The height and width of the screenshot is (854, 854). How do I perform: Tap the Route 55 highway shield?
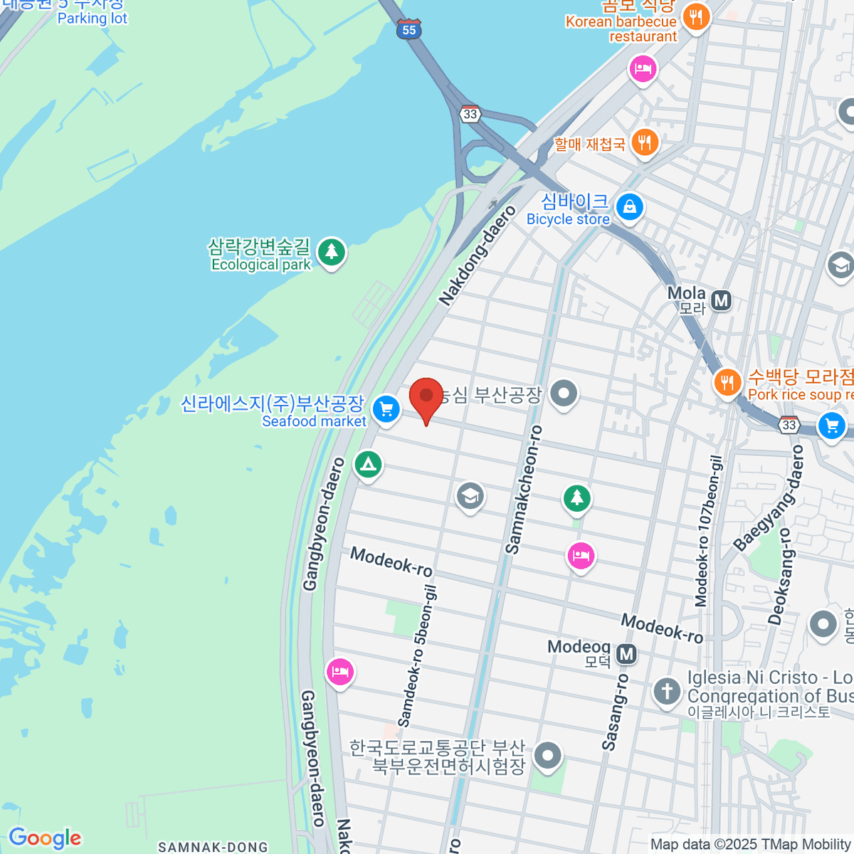(409, 29)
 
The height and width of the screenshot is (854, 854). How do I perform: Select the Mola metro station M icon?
(722, 300)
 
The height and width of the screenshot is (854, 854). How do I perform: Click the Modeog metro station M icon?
(626, 653)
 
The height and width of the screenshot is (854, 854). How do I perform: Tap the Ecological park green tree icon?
(331, 251)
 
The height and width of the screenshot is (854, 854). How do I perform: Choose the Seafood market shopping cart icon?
(386, 409)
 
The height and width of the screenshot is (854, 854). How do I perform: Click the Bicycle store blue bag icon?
(629, 208)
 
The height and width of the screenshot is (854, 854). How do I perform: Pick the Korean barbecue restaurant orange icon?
(696, 17)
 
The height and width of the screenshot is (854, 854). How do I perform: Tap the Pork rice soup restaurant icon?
(727, 384)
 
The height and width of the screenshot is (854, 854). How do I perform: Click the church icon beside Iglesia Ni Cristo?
(667, 690)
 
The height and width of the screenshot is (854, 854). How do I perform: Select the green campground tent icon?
(368, 465)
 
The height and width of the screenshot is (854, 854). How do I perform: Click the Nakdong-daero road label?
(477, 256)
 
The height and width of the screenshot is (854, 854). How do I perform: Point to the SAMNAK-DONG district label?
(213, 847)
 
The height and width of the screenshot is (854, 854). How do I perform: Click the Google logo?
(45, 838)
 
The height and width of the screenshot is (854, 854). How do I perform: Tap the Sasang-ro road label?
(615, 712)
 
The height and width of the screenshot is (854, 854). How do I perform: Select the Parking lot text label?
(92, 19)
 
